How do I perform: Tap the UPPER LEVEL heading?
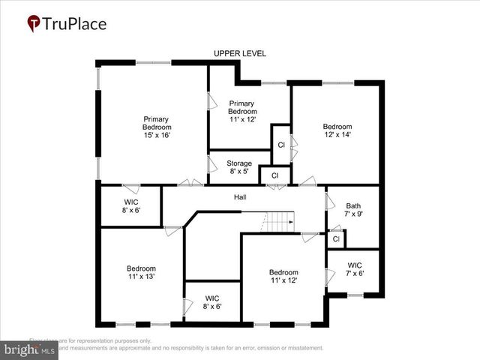click(240, 53)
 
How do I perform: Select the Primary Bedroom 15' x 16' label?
click(156, 127)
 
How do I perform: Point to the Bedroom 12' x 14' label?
click(337, 130)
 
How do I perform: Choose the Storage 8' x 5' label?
click(239, 167)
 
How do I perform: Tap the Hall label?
click(240, 197)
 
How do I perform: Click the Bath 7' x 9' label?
click(353, 211)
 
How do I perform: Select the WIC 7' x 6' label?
click(355, 269)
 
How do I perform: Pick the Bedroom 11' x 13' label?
click(141, 273)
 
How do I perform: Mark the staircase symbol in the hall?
click(280, 221)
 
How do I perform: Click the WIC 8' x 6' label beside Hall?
click(131, 206)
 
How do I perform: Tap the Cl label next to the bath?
click(336, 239)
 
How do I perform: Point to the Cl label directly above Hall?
click(274, 175)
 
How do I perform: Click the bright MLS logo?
click(30, 349)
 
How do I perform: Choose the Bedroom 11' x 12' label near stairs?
click(283, 276)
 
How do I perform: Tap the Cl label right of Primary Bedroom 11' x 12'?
click(281, 145)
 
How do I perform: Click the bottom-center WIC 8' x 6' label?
click(212, 302)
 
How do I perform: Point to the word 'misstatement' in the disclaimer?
click(300, 348)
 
